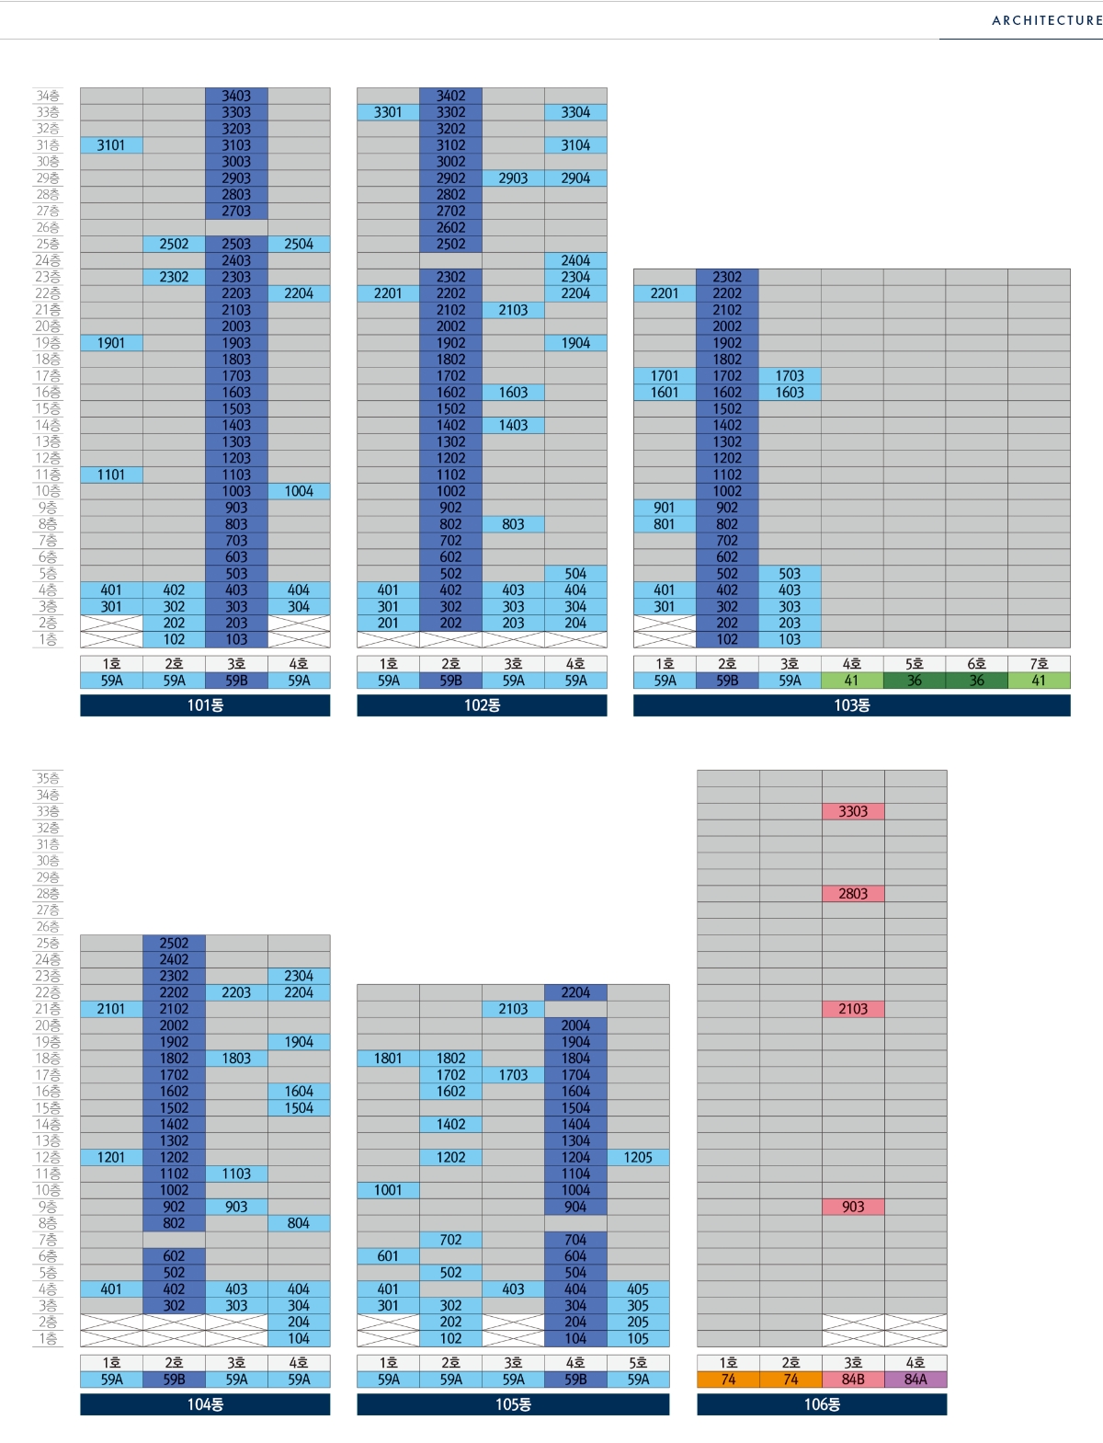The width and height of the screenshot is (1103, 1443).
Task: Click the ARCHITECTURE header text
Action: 1046,20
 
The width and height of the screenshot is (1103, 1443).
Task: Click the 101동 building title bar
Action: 205,705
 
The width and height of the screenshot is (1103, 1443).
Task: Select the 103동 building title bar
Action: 851,705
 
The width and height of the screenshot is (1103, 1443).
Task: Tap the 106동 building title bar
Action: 822,1404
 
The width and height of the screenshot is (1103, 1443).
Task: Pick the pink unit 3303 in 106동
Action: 853,811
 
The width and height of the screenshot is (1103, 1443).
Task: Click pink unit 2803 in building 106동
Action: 853,893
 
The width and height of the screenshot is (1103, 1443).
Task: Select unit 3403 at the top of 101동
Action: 236,96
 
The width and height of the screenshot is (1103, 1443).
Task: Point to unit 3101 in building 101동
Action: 111,145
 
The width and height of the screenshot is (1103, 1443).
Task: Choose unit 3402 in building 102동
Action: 450,96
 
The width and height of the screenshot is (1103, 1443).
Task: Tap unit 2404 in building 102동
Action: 575,260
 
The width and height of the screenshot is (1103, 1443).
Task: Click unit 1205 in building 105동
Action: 638,1157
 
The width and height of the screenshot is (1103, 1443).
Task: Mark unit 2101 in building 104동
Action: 111,1009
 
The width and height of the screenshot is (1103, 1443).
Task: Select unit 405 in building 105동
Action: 638,1289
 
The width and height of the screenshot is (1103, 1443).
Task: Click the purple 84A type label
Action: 915,1380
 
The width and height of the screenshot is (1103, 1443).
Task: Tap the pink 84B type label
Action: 853,1380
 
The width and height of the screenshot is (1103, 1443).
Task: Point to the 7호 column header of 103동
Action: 1039,664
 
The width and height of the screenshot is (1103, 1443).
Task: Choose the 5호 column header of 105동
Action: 638,1363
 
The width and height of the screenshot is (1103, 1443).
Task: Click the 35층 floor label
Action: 48,779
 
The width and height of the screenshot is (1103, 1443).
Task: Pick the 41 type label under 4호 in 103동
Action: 852,681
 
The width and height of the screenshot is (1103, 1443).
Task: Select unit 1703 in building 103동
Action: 790,375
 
